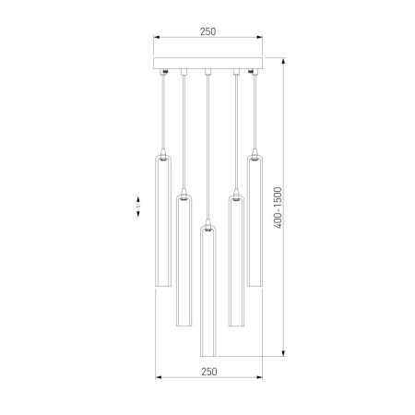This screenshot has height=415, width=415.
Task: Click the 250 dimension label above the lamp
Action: (x=207, y=31)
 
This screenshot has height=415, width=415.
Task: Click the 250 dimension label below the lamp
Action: (x=207, y=371)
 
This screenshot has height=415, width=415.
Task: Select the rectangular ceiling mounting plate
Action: (x=207, y=65)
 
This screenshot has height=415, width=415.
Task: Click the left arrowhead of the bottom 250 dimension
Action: (x=157, y=378)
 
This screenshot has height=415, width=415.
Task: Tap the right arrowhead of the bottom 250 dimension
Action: (x=259, y=378)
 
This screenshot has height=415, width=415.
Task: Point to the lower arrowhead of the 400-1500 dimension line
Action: (x=283, y=354)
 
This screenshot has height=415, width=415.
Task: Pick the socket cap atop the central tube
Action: (x=208, y=221)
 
